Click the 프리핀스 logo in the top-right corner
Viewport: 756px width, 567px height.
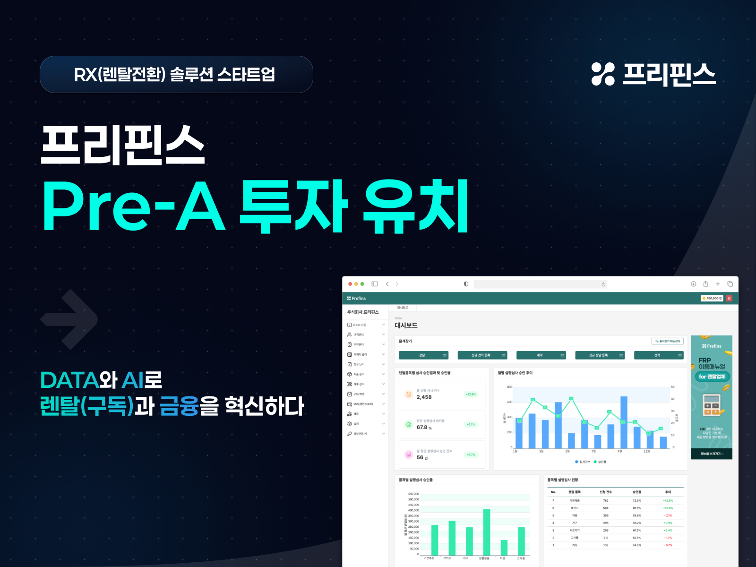click(x=653, y=74)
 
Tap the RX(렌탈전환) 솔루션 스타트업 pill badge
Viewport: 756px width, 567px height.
click(x=176, y=74)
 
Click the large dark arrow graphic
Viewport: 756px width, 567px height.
click(x=69, y=319)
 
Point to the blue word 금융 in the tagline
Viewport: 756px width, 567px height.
click(x=179, y=406)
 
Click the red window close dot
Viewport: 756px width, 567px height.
click(x=350, y=284)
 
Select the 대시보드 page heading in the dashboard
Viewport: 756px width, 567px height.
click(x=406, y=325)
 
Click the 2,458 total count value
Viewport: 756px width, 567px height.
click(x=424, y=397)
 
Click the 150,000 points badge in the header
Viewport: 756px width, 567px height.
click(x=712, y=298)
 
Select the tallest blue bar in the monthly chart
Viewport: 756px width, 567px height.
click(x=624, y=422)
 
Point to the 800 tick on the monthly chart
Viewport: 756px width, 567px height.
click(x=510, y=387)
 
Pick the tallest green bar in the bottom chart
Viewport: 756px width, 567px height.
click(x=487, y=532)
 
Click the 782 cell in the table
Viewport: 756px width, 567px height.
click(x=606, y=501)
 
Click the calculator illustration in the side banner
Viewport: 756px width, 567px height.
click(x=711, y=405)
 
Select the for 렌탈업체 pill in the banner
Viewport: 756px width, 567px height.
click(x=712, y=377)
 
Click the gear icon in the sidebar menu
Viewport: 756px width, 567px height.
click(x=350, y=424)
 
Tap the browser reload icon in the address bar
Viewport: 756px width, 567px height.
click(x=603, y=284)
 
